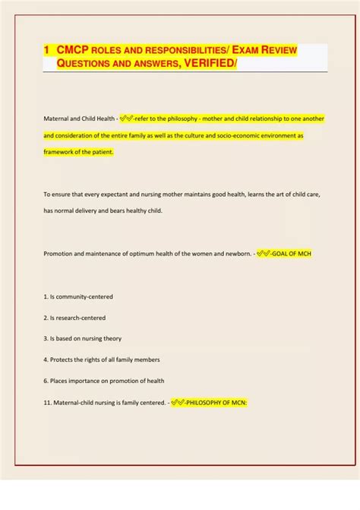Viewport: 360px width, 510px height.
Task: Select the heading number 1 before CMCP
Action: [x=46, y=49]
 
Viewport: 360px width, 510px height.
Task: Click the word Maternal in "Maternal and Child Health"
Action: [x=58, y=119]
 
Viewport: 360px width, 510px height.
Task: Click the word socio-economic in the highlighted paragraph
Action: [x=228, y=135]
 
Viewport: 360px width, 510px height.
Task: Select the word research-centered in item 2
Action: [x=81, y=318]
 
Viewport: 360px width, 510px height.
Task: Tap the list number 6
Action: [x=46, y=381]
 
